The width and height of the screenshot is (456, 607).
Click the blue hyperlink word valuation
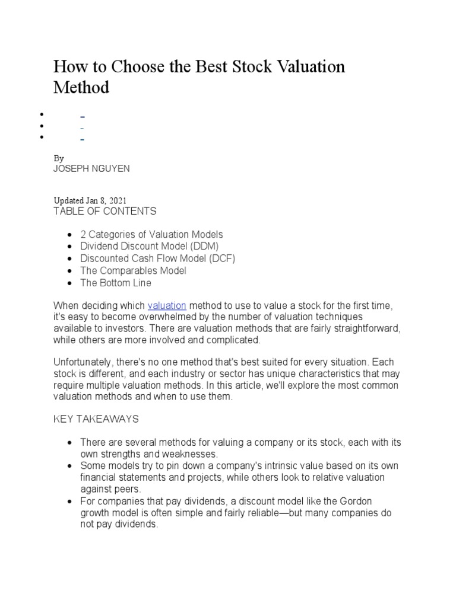pyautogui.click(x=167, y=305)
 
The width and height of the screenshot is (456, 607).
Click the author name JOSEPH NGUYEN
pyautogui.click(x=91, y=169)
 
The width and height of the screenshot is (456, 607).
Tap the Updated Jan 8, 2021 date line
pyautogui.click(x=90, y=200)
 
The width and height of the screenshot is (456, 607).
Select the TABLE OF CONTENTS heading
pyautogui.click(x=104, y=211)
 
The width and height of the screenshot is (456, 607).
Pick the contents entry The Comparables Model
pyautogui.click(x=133, y=270)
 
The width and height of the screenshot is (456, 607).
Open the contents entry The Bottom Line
pyautogui.click(x=116, y=283)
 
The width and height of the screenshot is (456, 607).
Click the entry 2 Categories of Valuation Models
pyautogui.click(x=151, y=235)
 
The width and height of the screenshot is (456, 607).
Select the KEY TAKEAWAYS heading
pyautogui.click(x=96, y=419)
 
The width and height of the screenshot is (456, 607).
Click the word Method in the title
pyautogui.click(x=81, y=88)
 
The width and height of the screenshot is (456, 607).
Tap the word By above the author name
pyautogui.click(x=58, y=158)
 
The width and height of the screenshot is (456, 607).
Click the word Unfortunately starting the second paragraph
pyautogui.click(x=82, y=362)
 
